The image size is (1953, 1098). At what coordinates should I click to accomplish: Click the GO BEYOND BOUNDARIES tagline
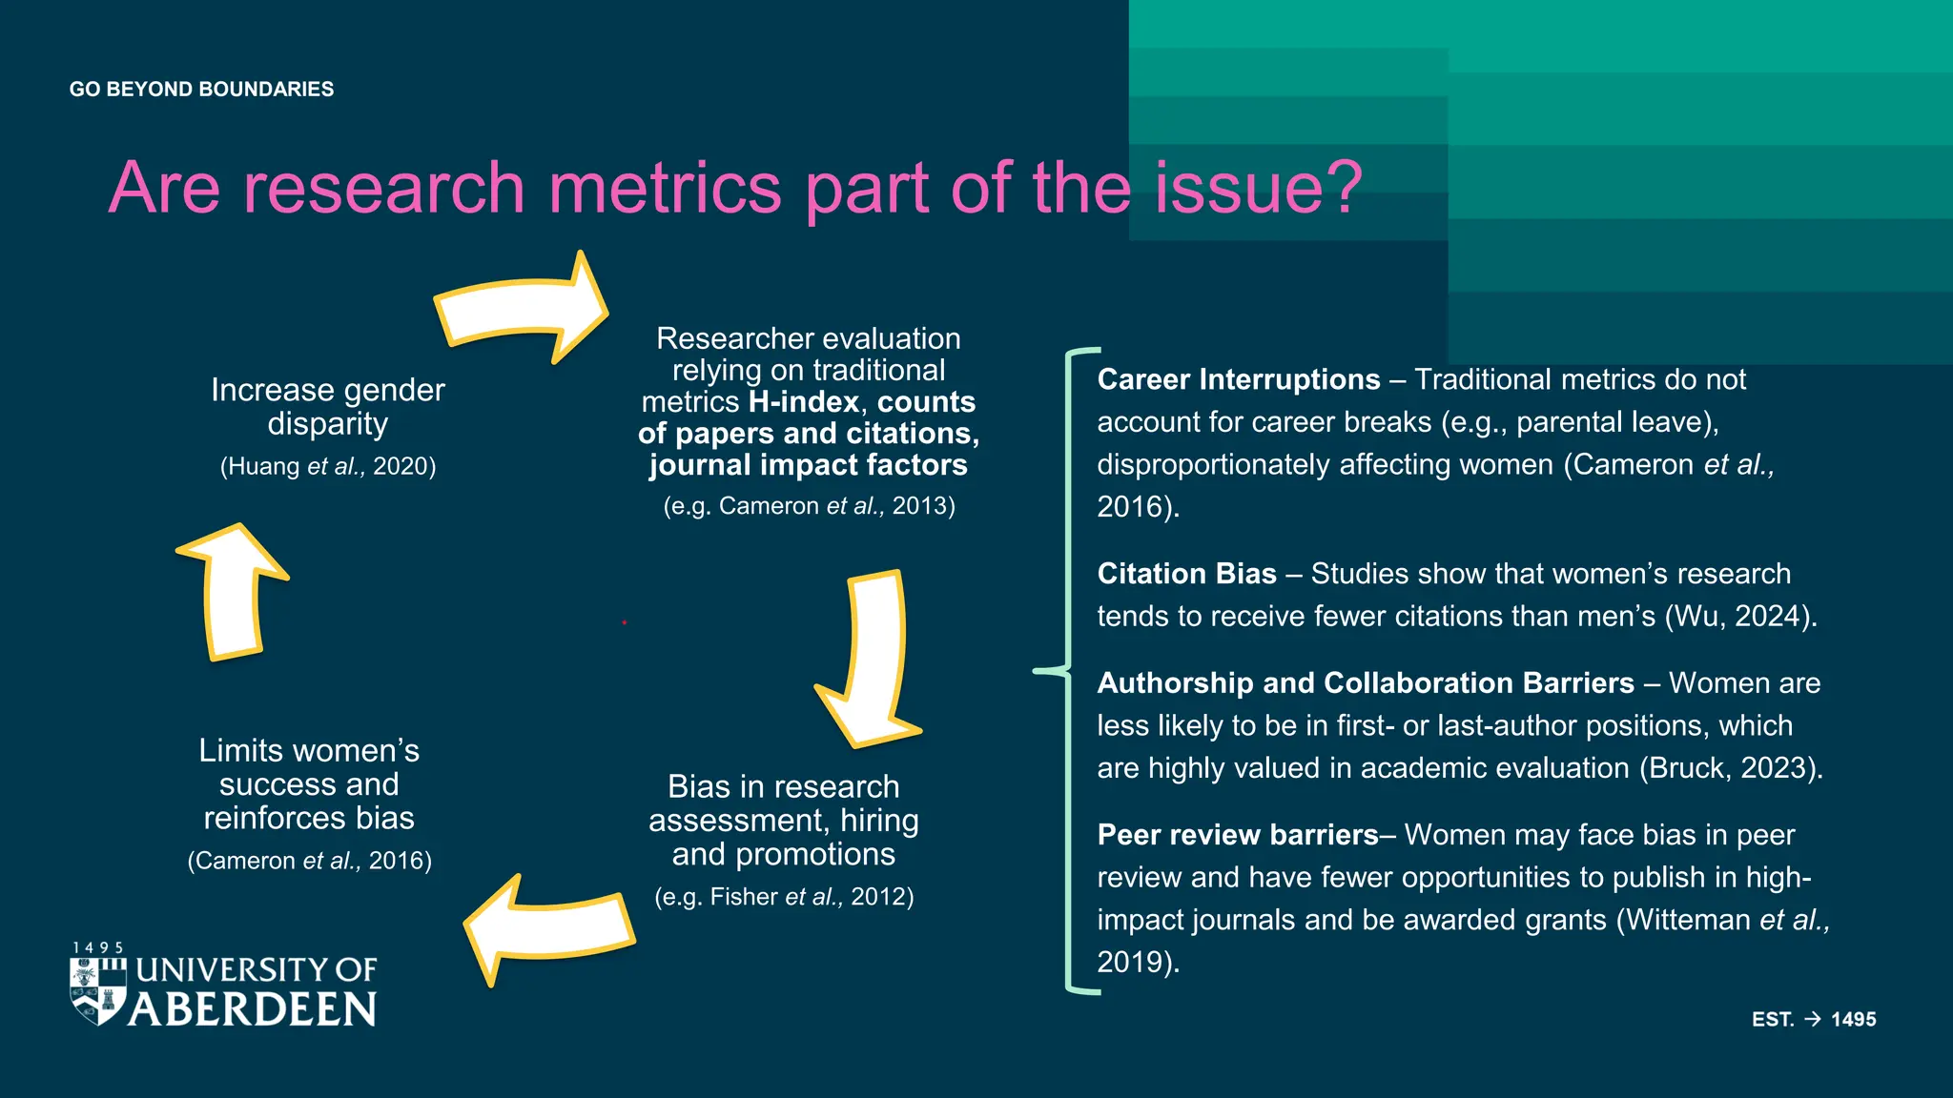click(201, 90)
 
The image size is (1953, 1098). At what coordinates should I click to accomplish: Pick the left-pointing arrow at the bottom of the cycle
click(549, 928)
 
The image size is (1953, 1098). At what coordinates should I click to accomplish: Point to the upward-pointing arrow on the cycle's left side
click(233, 591)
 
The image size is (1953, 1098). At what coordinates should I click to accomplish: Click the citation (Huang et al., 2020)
click(328, 466)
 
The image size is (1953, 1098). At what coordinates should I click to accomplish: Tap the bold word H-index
click(804, 402)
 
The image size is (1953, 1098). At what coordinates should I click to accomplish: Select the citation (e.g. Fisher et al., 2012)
click(784, 897)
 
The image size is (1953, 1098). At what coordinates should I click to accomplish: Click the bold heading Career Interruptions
click(1238, 379)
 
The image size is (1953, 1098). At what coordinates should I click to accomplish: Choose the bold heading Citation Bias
click(1186, 574)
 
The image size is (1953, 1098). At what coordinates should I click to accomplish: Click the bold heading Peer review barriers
click(1237, 835)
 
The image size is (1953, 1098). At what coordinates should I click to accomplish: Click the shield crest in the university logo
click(98, 990)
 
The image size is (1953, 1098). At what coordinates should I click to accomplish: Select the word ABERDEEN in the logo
click(254, 1009)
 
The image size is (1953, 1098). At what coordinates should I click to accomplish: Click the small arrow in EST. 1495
click(1813, 1019)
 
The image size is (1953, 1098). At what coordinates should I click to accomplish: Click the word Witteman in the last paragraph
click(1688, 920)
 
